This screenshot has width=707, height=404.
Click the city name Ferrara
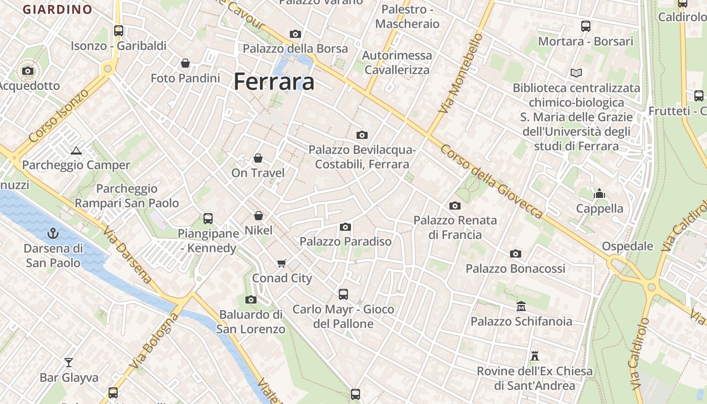pyautogui.click(x=274, y=81)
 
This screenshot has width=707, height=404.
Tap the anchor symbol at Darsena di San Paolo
pyautogui.click(x=53, y=233)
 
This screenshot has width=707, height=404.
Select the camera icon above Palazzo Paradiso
pyautogui.click(x=345, y=227)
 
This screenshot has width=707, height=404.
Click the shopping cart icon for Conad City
pyautogui.click(x=282, y=263)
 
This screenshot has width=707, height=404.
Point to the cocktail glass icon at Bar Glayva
pyautogui.click(x=69, y=362)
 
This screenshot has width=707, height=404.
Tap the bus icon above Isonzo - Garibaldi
pyautogui.click(x=119, y=30)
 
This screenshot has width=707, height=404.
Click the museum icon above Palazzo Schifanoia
pyautogui.click(x=521, y=306)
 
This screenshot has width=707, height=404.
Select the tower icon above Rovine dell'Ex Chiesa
pyautogui.click(x=535, y=356)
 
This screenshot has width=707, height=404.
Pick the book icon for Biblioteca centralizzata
pyautogui.click(x=576, y=73)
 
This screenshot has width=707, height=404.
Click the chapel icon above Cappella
pyautogui.click(x=599, y=193)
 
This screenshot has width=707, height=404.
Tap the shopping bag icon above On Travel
pyautogui.click(x=258, y=158)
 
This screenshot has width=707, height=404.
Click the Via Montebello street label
pyautogui.click(x=461, y=73)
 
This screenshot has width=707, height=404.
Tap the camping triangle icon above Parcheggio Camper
pyautogui.click(x=76, y=150)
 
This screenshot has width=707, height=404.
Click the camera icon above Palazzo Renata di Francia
pyautogui.click(x=455, y=206)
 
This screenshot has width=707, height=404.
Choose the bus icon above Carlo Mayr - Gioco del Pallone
pyautogui.click(x=343, y=294)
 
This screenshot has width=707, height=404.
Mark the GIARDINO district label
pyautogui.click(x=58, y=10)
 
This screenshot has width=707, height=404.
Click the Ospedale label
pyautogui.click(x=627, y=246)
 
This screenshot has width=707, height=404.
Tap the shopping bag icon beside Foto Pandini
pyautogui.click(x=185, y=63)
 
